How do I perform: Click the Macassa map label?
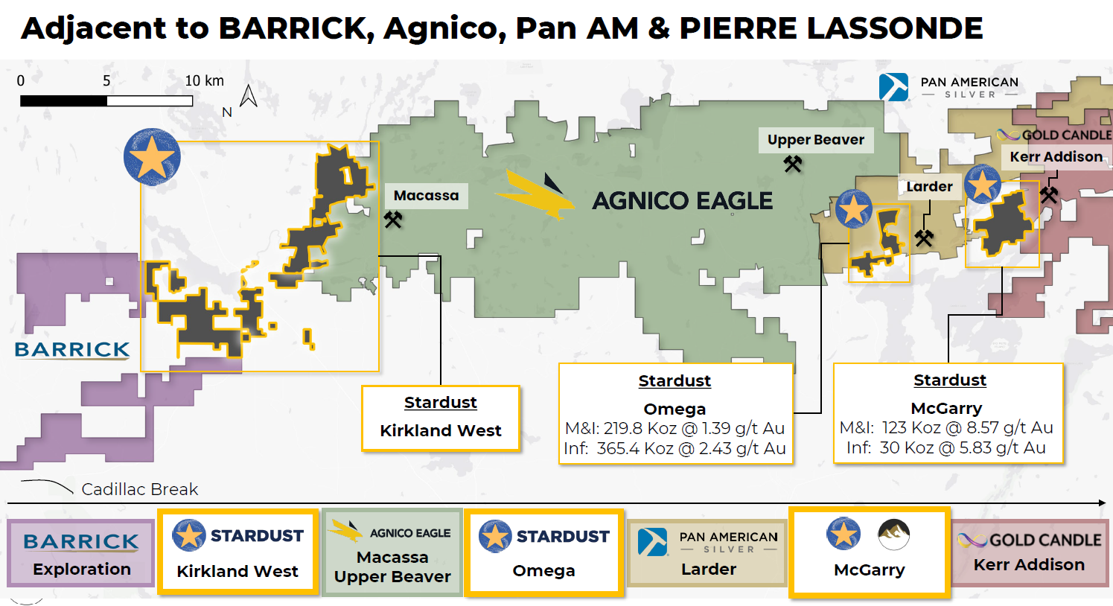tap(426, 196)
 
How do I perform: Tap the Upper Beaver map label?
tap(815, 140)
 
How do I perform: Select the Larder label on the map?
tap(929, 187)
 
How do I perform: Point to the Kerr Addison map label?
tap(1056, 157)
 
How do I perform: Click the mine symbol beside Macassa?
tap(393, 220)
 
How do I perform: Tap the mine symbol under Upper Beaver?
tap(793, 164)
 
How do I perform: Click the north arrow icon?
tap(249, 96)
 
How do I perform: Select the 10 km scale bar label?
tap(204, 80)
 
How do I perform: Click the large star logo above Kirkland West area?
tap(152, 157)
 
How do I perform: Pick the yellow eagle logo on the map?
tap(535, 195)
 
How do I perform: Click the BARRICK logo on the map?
tap(72, 350)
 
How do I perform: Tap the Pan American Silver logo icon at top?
tap(893, 87)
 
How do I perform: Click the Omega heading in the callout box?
tap(675, 409)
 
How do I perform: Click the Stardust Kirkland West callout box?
tap(441, 418)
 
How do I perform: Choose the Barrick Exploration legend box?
tap(81, 554)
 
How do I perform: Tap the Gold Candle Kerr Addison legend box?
tap(1029, 552)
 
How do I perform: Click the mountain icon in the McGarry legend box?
tap(893, 534)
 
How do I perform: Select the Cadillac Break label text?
tap(139, 489)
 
